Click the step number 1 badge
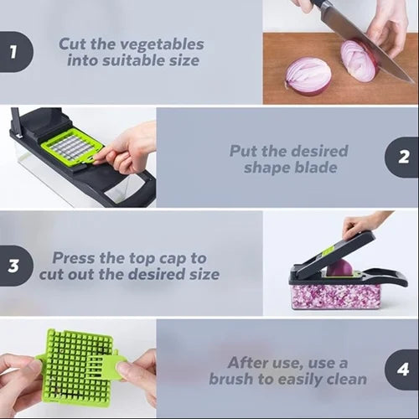pyautogui.click(x=13, y=53)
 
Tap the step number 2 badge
pyautogui.click(x=403, y=157)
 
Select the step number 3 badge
pyautogui.click(x=13, y=266)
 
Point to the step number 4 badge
pyautogui.click(x=403, y=370)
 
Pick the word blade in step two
pyautogui.click(x=321, y=168)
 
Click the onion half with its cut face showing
pyautogui.click(x=308, y=75)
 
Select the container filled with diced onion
pyautogui.click(x=334, y=295)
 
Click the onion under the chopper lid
pyautogui.click(x=340, y=267)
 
